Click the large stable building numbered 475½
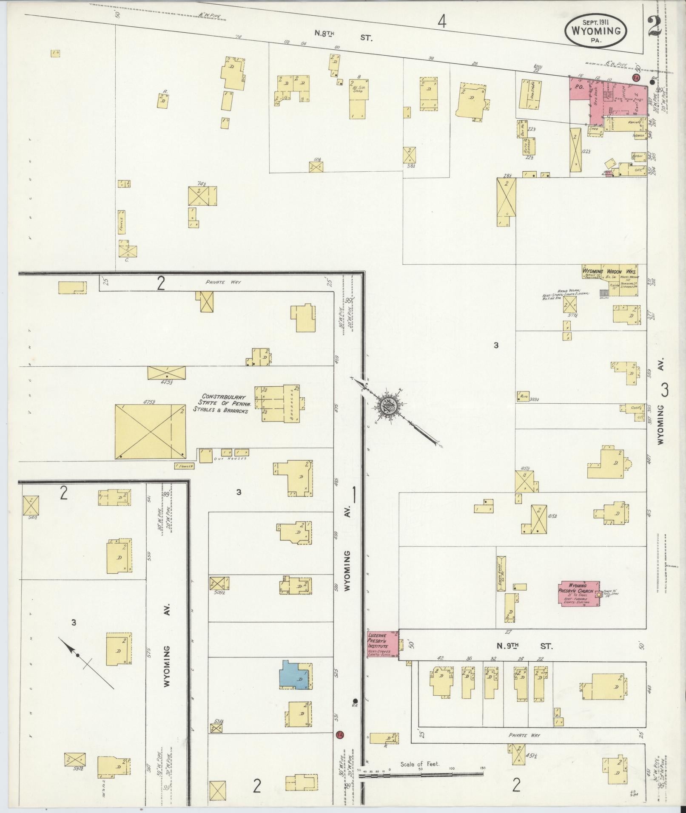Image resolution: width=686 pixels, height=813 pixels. point(150,431)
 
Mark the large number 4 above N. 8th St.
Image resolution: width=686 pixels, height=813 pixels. point(442,21)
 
